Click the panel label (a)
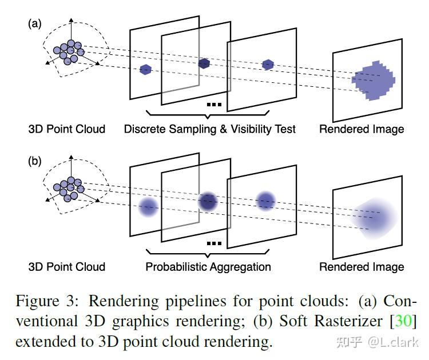[x=35, y=24]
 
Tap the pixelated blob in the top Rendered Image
[x=374, y=81]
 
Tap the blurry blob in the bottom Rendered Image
[x=374, y=218]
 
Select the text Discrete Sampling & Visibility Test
[x=210, y=129]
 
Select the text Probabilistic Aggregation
[x=208, y=266]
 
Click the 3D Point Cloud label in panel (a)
[x=67, y=129]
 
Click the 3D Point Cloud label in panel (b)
[x=67, y=266]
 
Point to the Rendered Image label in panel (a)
[x=362, y=129]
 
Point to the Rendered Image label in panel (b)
[x=362, y=266]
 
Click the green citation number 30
[x=403, y=321]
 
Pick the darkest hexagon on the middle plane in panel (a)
[x=204, y=63]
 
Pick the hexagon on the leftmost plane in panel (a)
[x=146, y=70]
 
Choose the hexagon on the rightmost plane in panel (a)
[x=268, y=65]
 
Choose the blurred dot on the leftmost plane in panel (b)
[x=148, y=207]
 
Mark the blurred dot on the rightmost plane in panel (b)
[x=265, y=201]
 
